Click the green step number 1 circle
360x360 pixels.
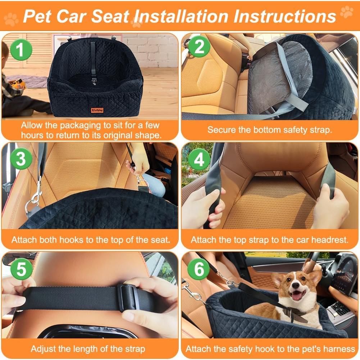click(x=20, y=49)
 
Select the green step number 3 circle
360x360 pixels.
click(x=20, y=159)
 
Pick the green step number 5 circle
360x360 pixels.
click(x=20, y=269)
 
